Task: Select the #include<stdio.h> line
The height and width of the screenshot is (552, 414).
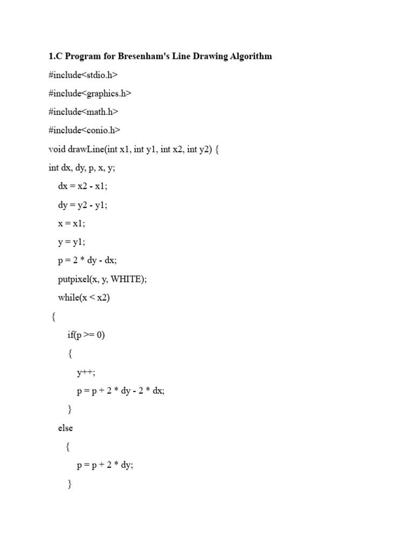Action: pyautogui.click(x=82, y=75)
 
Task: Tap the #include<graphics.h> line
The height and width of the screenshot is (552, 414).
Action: pyautogui.click(x=89, y=93)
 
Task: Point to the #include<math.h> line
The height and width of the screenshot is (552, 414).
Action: pyautogui.click(x=83, y=112)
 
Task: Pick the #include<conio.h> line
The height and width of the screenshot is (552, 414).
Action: pyautogui.click(x=84, y=130)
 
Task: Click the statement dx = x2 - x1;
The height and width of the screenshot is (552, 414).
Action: pyautogui.click(x=86, y=186)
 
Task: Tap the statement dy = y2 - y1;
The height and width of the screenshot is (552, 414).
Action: pyautogui.click(x=86, y=205)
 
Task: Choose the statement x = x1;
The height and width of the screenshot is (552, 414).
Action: pyautogui.click(x=72, y=223)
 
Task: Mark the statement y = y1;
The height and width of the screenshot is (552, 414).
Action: pyautogui.click(x=72, y=241)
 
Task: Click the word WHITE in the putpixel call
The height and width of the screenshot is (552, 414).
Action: pyautogui.click(x=128, y=279)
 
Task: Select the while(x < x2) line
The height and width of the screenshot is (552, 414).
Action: pyautogui.click(x=84, y=298)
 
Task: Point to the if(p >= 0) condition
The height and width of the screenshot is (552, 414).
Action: pyautogui.click(x=86, y=335)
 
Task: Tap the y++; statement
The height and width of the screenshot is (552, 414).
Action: pyautogui.click(x=86, y=372)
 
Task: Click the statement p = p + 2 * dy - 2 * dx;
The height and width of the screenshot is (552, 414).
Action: pyautogui.click(x=121, y=391)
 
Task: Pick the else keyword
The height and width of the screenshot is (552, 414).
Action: pyautogui.click(x=65, y=428)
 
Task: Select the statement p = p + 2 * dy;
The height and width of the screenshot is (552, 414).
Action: pyautogui.click(x=105, y=465)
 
